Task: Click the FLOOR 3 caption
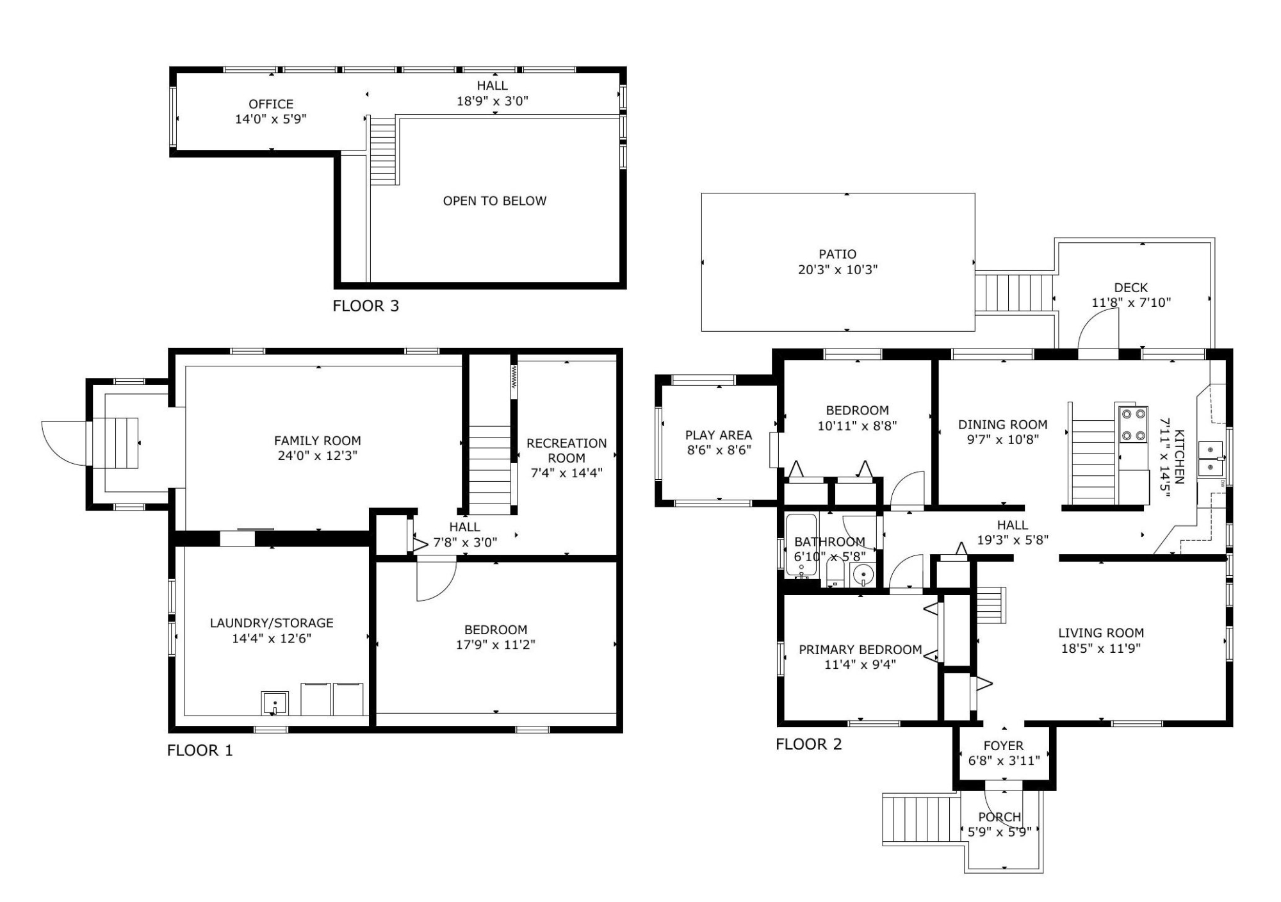point(366,306)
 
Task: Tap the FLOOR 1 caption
point(200,751)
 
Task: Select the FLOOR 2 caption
point(809,744)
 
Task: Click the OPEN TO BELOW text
point(494,201)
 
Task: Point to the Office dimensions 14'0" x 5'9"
point(271,119)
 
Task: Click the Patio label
point(837,254)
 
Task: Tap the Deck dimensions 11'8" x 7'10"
point(1131,302)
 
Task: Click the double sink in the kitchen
point(1210,459)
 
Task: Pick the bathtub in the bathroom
point(801,545)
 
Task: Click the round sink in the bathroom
point(863,575)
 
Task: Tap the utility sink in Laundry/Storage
point(275,703)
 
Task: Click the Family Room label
point(318,441)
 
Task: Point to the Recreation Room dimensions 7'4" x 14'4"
point(567,473)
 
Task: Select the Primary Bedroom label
point(860,650)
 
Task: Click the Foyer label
point(1004,746)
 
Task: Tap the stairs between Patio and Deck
point(1015,293)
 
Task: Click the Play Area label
point(719,436)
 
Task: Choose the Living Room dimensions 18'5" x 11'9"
point(1101,648)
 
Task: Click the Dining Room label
point(1003,425)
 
